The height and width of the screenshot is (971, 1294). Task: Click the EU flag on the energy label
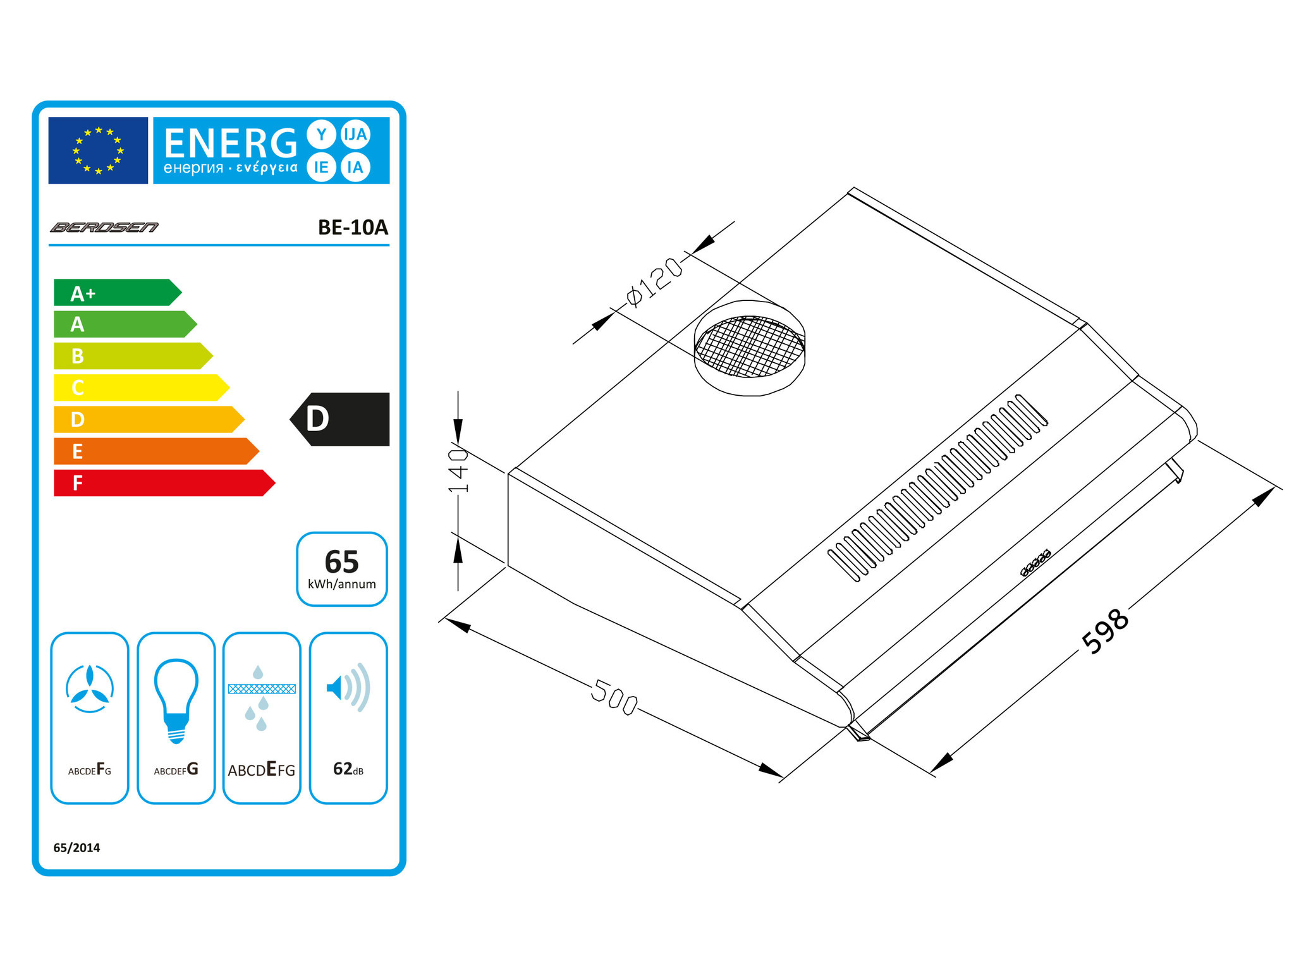click(98, 150)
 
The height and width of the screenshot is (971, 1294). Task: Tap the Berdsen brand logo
click(104, 227)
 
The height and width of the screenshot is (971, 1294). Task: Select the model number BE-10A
click(353, 227)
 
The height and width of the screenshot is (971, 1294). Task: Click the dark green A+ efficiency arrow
click(118, 293)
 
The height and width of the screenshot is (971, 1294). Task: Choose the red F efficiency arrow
click(164, 483)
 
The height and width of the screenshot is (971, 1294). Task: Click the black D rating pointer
click(339, 419)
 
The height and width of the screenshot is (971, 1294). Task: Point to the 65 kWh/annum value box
click(342, 569)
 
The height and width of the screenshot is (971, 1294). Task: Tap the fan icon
click(90, 689)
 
